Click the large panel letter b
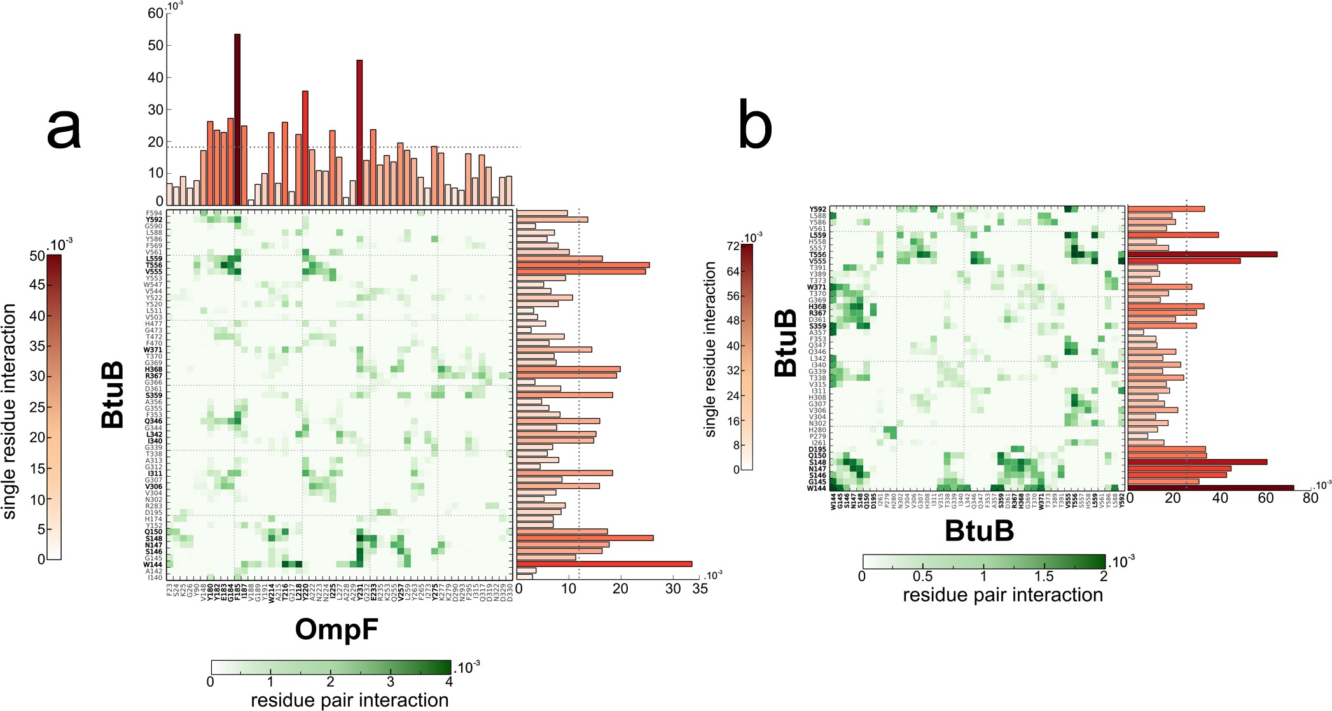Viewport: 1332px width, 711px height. pos(754,127)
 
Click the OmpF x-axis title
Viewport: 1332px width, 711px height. pos(336,630)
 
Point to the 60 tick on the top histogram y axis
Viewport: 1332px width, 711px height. pos(155,13)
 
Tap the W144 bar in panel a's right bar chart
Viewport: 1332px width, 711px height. pos(604,564)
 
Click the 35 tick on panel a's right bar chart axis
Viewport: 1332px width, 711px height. pos(700,589)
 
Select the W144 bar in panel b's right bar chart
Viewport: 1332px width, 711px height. pos(1211,488)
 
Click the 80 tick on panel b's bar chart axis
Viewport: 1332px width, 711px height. pos(1310,498)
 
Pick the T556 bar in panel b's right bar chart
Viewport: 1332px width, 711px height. pos(1202,255)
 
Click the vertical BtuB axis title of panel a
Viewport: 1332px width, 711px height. pos(113,395)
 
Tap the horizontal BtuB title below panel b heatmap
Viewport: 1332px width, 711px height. pos(978,530)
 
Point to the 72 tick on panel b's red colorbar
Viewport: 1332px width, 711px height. pos(732,246)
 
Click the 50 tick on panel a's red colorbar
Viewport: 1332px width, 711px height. pos(37,257)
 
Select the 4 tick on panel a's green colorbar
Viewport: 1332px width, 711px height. pos(448,682)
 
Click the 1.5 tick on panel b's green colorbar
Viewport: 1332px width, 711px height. pos(1044,576)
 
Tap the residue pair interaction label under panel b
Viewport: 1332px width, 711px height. pos(1002,595)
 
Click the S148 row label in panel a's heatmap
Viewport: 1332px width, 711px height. pos(153,539)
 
